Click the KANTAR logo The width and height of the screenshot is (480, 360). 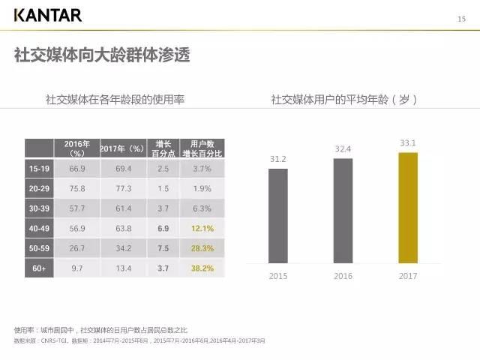tap(48, 15)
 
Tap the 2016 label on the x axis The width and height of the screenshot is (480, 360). tap(343, 276)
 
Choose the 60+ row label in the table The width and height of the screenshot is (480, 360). tap(39, 268)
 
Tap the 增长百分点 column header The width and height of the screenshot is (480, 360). tap(163, 148)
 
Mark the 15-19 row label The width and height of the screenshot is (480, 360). tap(39, 169)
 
